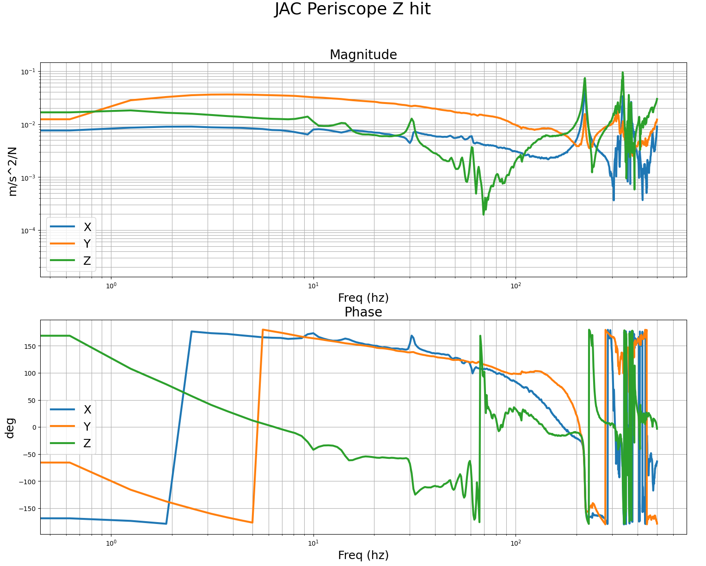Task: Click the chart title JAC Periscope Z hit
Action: point(352,9)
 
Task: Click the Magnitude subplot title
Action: point(363,55)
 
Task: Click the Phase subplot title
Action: point(363,312)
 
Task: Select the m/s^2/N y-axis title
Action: point(13,171)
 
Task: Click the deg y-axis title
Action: point(10,427)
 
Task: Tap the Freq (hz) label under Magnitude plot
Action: point(363,298)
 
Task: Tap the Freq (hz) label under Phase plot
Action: point(363,555)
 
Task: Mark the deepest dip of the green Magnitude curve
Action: point(484,214)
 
